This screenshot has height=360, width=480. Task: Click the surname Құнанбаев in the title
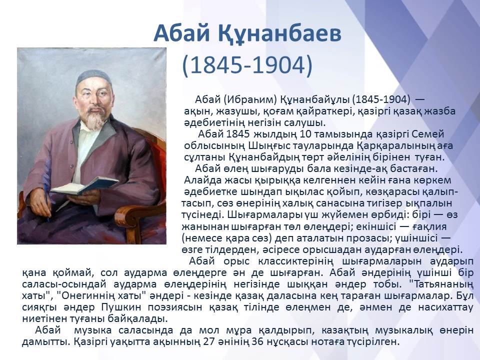[280, 33]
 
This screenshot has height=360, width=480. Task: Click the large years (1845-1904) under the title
[247, 65]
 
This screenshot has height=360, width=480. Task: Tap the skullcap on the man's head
[93, 77]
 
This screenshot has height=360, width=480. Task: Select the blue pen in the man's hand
[46, 202]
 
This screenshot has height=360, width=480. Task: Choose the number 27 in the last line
[209, 341]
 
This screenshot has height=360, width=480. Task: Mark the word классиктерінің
[295, 261]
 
